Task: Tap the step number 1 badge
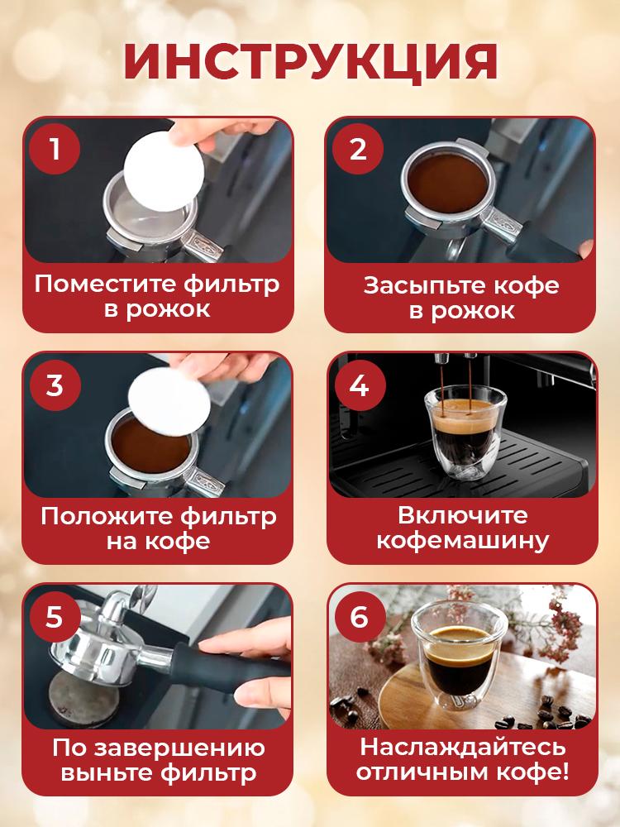point(55,149)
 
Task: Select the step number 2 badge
point(358,149)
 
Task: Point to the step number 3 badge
point(55,385)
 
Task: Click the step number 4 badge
point(359,385)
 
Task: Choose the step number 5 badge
point(55,616)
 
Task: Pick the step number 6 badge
point(359,616)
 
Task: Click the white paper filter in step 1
point(164,171)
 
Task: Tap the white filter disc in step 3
point(169,402)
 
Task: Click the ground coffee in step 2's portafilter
point(449,184)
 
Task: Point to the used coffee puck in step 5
point(83,696)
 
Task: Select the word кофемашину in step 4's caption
point(463,542)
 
